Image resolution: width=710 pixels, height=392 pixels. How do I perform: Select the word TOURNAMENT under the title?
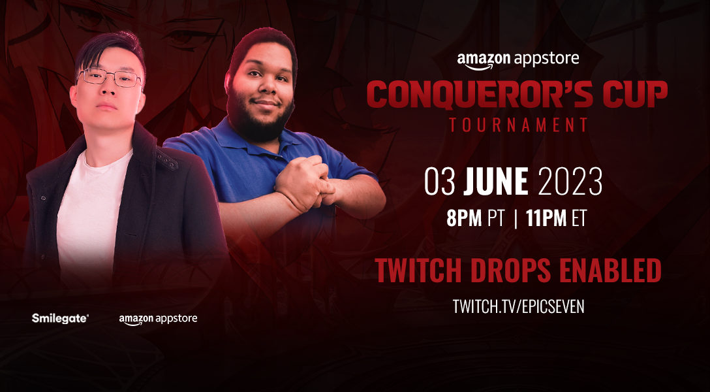click(x=518, y=125)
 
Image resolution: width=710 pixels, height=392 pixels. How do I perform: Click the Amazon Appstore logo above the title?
click(x=517, y=61)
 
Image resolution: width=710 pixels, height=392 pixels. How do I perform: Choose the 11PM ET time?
click(x=556, y=219)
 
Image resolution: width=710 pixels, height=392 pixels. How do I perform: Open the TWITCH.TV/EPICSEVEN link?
click(x=518, y=306)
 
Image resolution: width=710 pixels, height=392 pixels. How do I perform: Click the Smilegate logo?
click(x=60, y=319)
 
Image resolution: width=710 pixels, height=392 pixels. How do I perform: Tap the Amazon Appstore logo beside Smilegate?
click(x=158, y=319)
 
